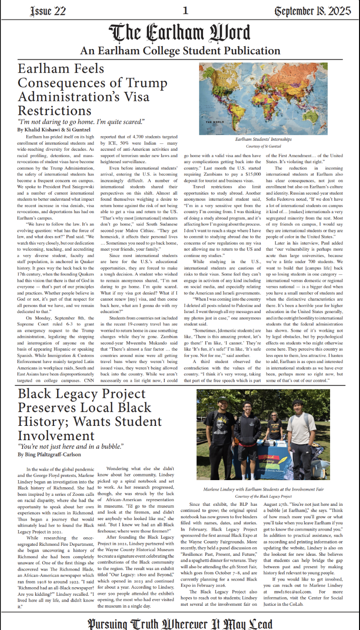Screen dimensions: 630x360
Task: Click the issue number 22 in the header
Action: (59, 10)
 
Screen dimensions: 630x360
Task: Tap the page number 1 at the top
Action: (185, 10)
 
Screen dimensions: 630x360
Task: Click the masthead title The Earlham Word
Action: (180, 33)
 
